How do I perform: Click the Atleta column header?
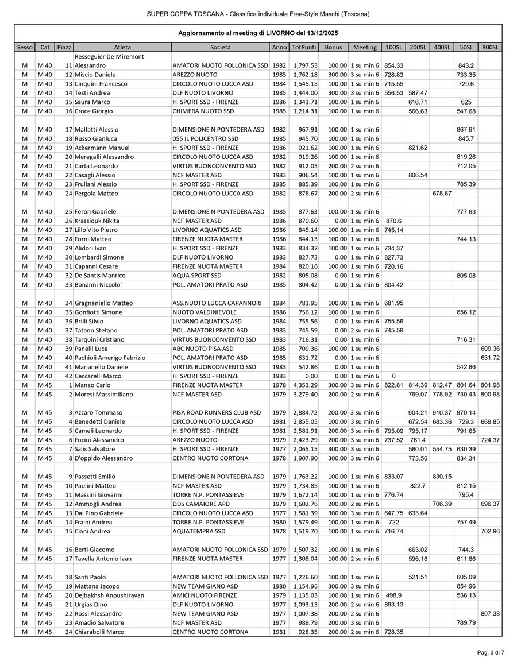coord(122,47)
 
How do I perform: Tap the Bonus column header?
coord(333,47)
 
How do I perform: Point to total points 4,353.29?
coord(304,385)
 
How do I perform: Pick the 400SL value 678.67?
coord(442,194)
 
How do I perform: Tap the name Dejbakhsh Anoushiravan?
coord(109,595)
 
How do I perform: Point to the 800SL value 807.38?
coord(490,614)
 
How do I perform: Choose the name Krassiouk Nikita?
coord(97,221)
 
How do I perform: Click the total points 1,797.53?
coord(304,65)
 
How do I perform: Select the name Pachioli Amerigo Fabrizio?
coord(110,358)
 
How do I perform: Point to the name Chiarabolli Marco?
coord(99,632)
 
